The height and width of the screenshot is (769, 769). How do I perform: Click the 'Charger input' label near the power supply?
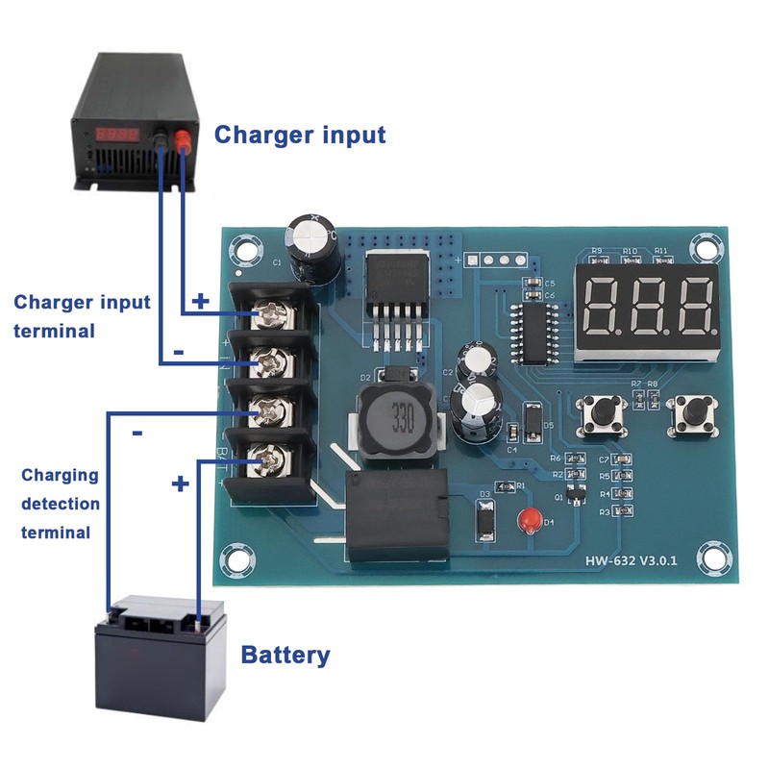click(299, 135)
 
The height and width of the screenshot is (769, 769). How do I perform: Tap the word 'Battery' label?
click(285, 657)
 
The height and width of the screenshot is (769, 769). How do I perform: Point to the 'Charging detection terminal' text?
click(61, 504)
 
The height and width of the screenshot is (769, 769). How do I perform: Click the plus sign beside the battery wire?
click(180, 484)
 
